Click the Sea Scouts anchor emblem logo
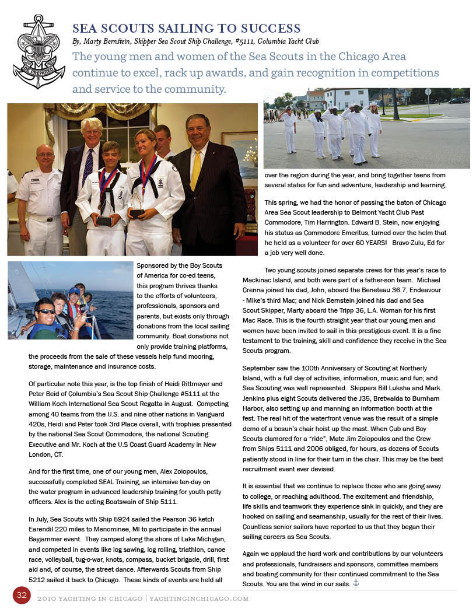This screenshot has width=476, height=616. pyautogui.click(x=39, y=51)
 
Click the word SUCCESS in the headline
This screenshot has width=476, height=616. pyautogui.click(x=269, y=29)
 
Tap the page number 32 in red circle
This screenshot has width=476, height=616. pyautogui.click(x=22, y=595)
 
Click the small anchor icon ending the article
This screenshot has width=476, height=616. pyautogui.click(x=356, y=583)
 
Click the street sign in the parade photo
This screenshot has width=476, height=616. pyautogui.click(x=428, y=92)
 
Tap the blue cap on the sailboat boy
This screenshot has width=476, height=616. pyautogui.click(x=74, y=290)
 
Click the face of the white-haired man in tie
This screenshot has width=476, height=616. pyautogui.click(x=92, y=132)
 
